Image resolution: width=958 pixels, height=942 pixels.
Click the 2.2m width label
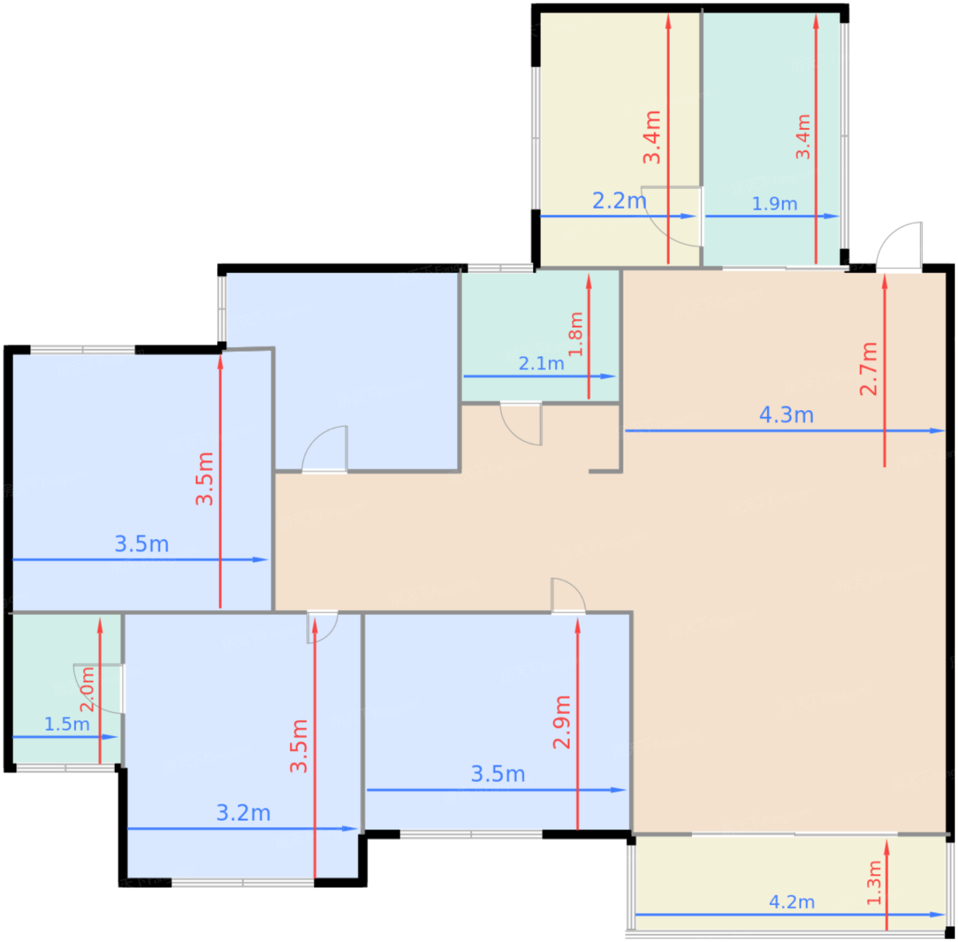619,201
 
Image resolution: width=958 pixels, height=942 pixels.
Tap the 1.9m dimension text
775,204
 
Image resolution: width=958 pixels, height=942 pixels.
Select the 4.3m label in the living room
786,415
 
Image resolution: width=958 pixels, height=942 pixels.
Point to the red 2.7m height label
868,368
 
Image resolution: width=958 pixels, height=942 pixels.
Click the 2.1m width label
541,364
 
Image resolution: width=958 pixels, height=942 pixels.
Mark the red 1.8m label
576,334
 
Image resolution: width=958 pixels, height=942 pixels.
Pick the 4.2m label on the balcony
792,902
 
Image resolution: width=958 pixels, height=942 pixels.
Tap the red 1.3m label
875,883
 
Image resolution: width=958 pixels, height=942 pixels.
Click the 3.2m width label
244,813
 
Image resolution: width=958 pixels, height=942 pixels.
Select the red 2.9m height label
562,722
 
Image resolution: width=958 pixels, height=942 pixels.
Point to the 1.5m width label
67,724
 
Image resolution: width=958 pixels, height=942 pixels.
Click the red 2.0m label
87,690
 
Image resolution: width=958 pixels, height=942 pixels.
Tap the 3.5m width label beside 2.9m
498,774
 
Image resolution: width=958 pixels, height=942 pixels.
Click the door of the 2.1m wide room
521,423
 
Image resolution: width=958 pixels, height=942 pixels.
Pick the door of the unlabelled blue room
326,450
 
